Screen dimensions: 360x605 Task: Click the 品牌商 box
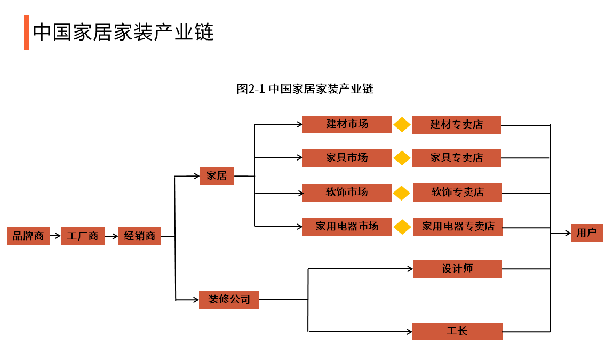tap(28, 236)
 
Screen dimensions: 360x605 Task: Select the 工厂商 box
tap(82, 236)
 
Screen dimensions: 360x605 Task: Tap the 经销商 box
tap(139, 236)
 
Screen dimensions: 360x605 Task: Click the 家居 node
tap(217, 176)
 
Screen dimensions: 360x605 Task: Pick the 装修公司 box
tap(229, 300)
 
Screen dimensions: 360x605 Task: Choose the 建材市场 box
tap(347, 124)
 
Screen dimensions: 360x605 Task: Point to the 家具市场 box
tap(347, 158)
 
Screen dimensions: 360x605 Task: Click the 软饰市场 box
tap(347, 193)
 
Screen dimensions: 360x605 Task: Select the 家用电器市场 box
tap(347, 227)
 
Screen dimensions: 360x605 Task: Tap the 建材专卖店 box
tap(457, 125)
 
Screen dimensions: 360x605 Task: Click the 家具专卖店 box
tap(457, 158)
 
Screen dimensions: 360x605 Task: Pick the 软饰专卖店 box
tap(457, 193)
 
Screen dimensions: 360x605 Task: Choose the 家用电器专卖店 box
tap(457, 227)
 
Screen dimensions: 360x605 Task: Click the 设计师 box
tap(457, 269)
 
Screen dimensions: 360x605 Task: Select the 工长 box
tap(457, 331)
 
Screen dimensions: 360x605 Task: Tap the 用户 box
tap(586, 233)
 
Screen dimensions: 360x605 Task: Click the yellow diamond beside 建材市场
tap(402, 125)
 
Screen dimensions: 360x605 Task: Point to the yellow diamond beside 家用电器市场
tap(402, 227)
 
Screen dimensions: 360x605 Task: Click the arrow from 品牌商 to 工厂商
tap(55, 236)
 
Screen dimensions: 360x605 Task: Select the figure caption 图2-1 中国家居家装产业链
tap(305, 89)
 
